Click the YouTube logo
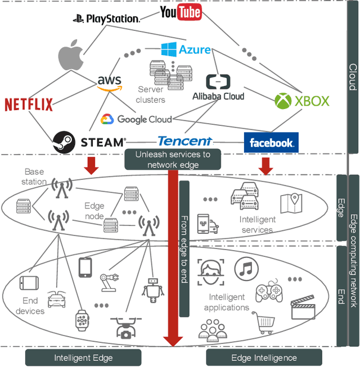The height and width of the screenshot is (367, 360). click(181, 13)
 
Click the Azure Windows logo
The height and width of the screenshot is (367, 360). click(169, 49)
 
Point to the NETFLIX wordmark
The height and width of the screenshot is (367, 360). click(29, 105)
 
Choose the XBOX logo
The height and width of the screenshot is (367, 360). click(301, 101)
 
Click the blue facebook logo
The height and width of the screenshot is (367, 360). click(271, 143)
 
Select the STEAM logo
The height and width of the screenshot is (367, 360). click(88, 142)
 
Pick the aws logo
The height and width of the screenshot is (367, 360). click(109, 82)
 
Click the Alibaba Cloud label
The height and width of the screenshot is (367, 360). click(218, 96)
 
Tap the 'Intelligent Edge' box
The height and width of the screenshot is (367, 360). click(83, 357)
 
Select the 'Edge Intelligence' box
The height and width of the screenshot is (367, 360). click(264, 357)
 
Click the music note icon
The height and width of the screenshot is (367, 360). click(246, 270)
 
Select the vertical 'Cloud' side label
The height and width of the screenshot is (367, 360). click(352, 76)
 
